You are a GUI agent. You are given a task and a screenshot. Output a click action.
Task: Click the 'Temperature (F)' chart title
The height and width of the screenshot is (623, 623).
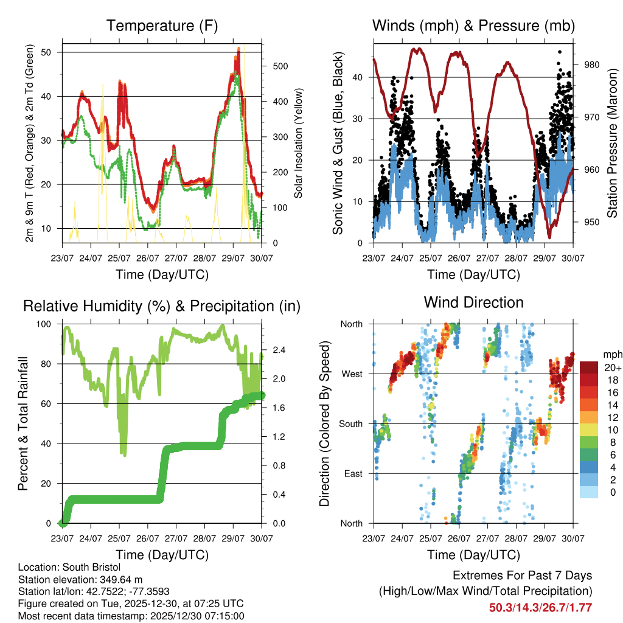point(162,26)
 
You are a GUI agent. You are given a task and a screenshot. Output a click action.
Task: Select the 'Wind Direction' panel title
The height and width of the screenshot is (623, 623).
point(473,302)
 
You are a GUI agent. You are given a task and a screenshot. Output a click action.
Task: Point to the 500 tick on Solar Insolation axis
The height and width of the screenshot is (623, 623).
point(277,66)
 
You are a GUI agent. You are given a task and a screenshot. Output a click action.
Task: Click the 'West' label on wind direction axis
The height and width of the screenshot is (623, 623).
point(352,374)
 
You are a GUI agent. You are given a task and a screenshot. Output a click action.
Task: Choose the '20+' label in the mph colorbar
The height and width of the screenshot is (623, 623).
point(611,367)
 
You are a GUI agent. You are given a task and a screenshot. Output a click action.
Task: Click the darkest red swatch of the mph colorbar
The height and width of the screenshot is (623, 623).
point(589,367)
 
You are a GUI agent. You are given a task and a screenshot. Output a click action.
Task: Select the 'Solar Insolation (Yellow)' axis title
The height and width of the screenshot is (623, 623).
point(299,144)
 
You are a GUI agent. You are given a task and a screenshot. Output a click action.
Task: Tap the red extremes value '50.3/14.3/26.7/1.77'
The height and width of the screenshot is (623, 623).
point(540,607)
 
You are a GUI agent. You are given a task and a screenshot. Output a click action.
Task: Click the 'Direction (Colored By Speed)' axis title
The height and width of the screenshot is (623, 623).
point(324,423)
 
